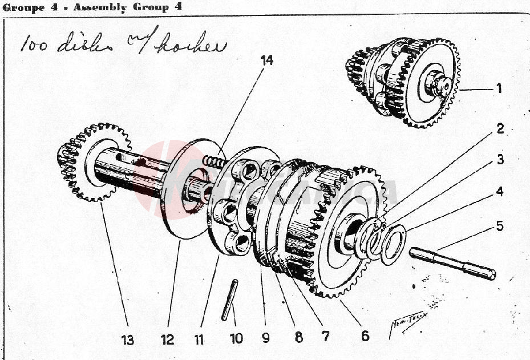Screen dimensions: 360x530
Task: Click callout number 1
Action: coord(499,88)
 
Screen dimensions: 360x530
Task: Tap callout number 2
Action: coord(500,129)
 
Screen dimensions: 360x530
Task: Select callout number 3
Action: coord(500,160)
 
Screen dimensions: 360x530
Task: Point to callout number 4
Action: coord(500,192)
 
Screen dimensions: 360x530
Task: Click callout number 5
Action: coord(500,226)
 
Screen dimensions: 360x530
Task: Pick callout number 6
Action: coord(365,335)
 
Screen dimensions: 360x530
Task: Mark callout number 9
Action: coord(265,337)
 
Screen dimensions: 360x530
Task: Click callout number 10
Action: coord(236,338)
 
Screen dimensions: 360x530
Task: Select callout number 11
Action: coord(199,340)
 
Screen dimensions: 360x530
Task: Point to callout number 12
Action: coord(167,340)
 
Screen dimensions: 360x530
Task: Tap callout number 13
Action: coord(127,341)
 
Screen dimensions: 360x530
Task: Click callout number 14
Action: coord(267,60)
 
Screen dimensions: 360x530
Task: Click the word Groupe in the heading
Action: coord(21,7)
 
